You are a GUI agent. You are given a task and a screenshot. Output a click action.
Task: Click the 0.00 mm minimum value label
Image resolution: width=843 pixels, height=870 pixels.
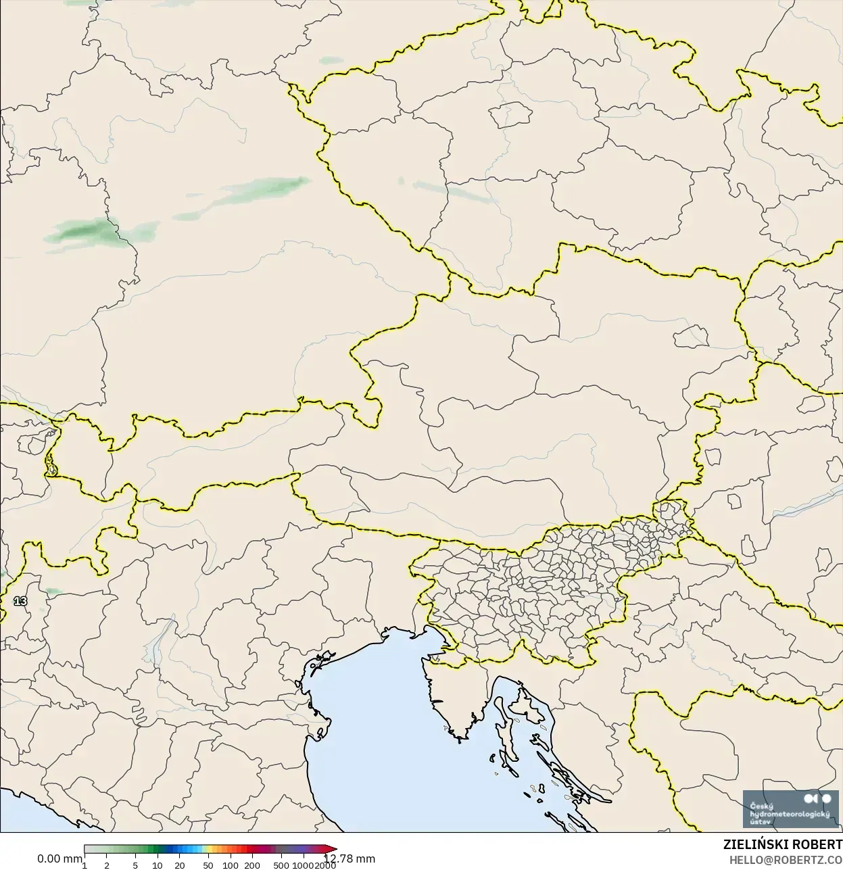[59, 859]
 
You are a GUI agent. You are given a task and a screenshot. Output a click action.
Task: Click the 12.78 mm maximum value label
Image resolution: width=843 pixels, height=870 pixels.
[350, 859]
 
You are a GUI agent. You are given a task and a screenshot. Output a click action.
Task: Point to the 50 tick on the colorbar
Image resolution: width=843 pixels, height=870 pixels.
[208, 865]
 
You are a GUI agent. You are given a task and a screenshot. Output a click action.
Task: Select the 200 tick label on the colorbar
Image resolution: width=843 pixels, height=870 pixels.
[252, 865]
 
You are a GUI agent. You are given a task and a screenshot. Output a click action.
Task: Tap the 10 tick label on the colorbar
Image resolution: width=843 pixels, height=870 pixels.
[158, 865]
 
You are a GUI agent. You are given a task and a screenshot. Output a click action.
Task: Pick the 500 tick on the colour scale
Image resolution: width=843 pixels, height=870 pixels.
[281, 865]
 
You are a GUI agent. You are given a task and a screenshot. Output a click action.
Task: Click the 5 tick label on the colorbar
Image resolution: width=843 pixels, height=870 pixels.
[135, 865]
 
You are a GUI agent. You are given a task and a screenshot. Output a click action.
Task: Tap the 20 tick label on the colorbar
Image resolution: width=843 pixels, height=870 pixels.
[180, 865]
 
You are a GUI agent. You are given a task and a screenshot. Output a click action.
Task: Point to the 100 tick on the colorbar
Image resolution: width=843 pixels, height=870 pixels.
[231, 865]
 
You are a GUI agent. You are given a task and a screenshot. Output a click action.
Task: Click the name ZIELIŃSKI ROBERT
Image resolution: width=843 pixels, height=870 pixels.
[783, 845]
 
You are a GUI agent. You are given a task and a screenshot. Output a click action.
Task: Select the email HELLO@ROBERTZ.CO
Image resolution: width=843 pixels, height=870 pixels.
[786, 860]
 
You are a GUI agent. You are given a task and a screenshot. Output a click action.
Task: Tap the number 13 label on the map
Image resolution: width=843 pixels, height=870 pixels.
[20, 601]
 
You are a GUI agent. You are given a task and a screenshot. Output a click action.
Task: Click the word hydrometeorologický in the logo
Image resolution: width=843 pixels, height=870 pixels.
[790, 814]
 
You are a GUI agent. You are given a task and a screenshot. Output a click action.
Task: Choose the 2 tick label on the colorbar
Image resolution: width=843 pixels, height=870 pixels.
[107, 865]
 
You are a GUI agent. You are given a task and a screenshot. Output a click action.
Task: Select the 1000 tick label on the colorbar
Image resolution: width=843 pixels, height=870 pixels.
[303, 865]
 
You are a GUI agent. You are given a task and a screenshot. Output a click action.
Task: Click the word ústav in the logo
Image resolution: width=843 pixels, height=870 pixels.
[761, 821]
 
